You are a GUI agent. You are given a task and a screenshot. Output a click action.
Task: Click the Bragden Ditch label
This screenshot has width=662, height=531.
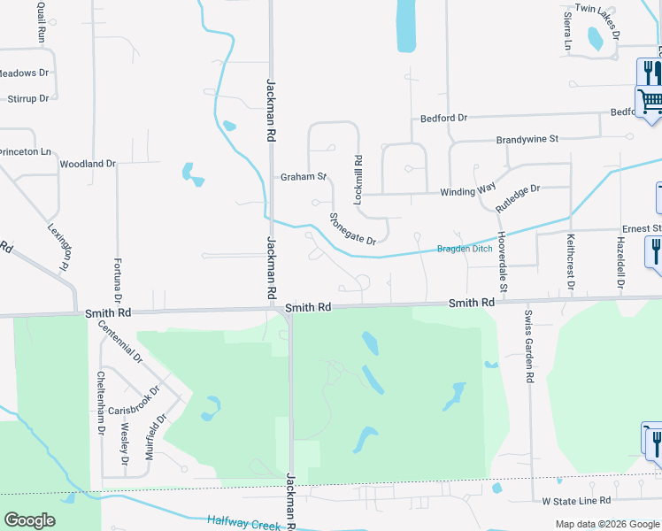tap(465, 249)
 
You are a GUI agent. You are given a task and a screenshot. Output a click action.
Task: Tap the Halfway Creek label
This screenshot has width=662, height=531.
tap(244, 523)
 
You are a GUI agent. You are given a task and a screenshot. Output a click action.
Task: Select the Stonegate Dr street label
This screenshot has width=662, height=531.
tap(352, 228)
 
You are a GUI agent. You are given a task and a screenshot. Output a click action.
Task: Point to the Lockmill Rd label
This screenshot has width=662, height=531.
tap(358, 181)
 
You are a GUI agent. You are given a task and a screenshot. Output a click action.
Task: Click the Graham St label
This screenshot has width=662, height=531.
tap(304, 177)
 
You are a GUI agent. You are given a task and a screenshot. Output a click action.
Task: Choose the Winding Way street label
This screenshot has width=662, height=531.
tap(467, 191)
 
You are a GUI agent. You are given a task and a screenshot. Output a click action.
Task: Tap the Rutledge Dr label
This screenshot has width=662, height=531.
tap(518, 196)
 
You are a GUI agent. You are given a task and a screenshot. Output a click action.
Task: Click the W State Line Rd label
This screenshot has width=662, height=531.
tap(577, 500)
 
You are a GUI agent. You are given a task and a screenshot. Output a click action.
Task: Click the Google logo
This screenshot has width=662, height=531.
tap(29, 520)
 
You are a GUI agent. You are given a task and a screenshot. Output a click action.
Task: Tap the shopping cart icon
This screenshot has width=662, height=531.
tap(650, 101)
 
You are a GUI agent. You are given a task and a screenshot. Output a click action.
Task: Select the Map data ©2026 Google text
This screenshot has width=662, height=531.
tap(606, 524)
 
